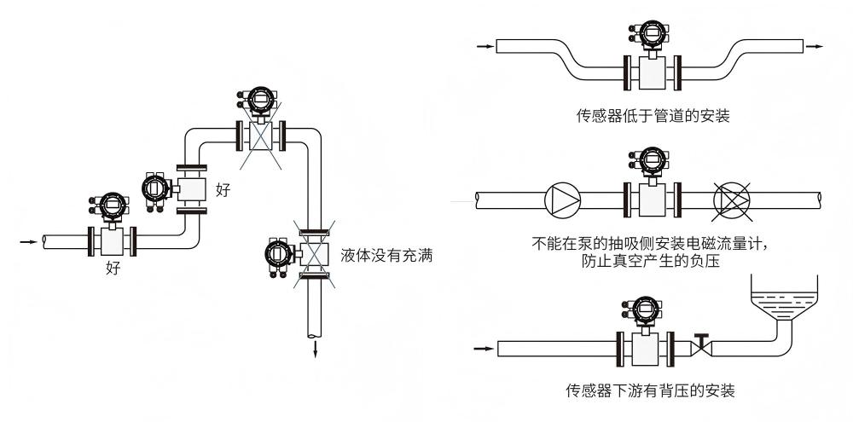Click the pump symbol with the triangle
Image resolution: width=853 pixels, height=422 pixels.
(562, 200)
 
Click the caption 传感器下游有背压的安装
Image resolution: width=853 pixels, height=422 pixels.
(650, 391)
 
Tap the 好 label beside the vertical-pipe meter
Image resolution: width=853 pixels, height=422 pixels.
(223, 189)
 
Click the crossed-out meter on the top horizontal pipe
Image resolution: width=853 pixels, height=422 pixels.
(260, 135)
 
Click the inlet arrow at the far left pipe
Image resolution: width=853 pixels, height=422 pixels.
(29, 242)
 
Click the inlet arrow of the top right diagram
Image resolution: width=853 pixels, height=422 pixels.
(485, 46)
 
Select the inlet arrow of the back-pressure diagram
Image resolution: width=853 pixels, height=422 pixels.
(483, 349)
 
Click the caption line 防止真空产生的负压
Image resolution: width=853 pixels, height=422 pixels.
(648, 262)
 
